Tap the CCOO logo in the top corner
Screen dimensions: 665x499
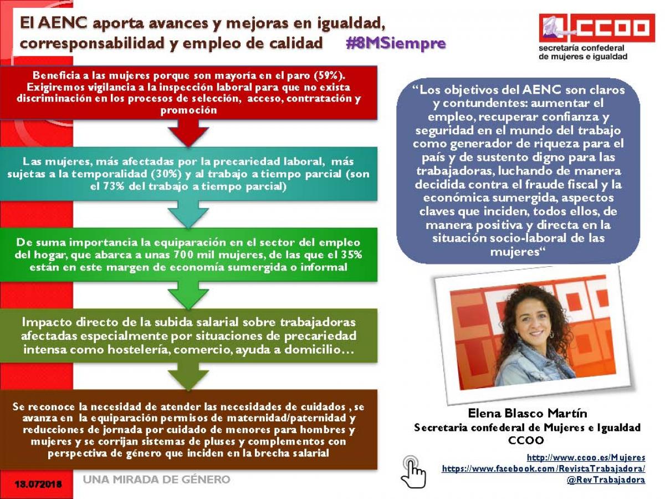pos(596,28)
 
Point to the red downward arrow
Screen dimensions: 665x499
pos(188,133)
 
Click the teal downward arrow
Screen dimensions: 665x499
pos(188,214)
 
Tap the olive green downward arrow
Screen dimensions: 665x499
pos(188,376)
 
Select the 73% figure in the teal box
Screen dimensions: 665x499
pos(114,186)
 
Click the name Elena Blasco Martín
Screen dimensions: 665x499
pos(528,413)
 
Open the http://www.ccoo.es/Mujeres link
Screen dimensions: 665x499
pos(586,457)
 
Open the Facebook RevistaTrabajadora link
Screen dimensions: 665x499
pos(544,469)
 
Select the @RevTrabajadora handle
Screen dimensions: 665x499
pos(606,480)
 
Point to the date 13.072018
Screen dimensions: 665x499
pos(38,484)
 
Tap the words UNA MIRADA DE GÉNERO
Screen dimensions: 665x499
pos(157,480)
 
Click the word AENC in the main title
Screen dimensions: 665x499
pos(63,23)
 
